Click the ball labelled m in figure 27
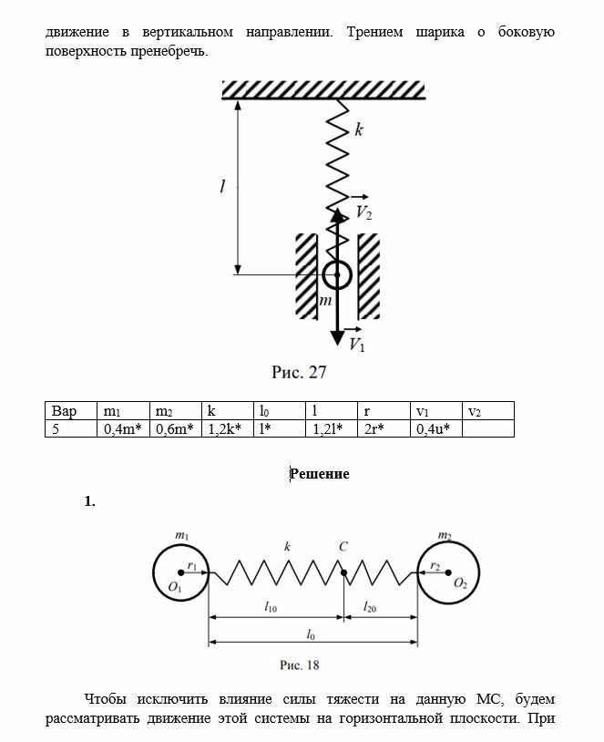(337, 273)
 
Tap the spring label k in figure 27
(360, 130)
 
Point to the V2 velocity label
(363, 211)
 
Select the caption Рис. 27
(299, 372)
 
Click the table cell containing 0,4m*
(122, 428)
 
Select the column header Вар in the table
(65, 411)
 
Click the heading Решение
(320, 474)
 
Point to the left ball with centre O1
(181, 572)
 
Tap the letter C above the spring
(343, 547)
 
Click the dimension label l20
(371, 606)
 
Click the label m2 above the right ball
(445, 535)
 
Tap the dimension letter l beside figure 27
(222, 187)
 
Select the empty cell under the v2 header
(487, 428)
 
